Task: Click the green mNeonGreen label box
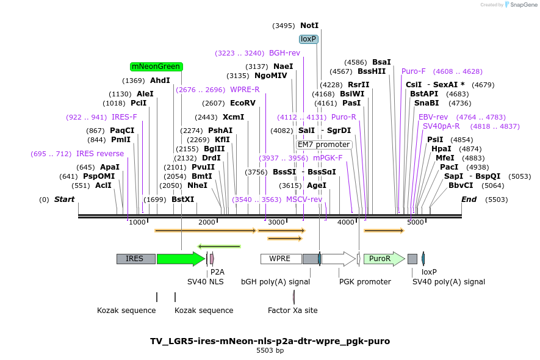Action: tap(156, 67)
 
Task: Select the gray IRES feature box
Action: tap(135, 259)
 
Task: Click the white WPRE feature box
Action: tap(281, 259)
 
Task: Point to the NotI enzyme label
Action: tap(309, 26)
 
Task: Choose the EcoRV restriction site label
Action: tap(242, 103)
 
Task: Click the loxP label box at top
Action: tap(309, 39)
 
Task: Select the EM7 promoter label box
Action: tap(324, 145)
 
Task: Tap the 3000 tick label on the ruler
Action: tap(276, 222)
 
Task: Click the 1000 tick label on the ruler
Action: tap(137, 222)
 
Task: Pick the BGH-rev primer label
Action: tap(284, 53)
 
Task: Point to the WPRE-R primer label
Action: tap(245, 90)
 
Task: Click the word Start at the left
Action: tap(64, 200)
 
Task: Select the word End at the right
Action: tap(469, 200)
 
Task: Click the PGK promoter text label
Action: tap(365, 282)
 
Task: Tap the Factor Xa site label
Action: tap(293, 310)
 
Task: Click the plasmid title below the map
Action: tap(270, 341)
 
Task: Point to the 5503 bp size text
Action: tap(270, 351)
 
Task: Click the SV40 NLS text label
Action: tap(206, 282)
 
